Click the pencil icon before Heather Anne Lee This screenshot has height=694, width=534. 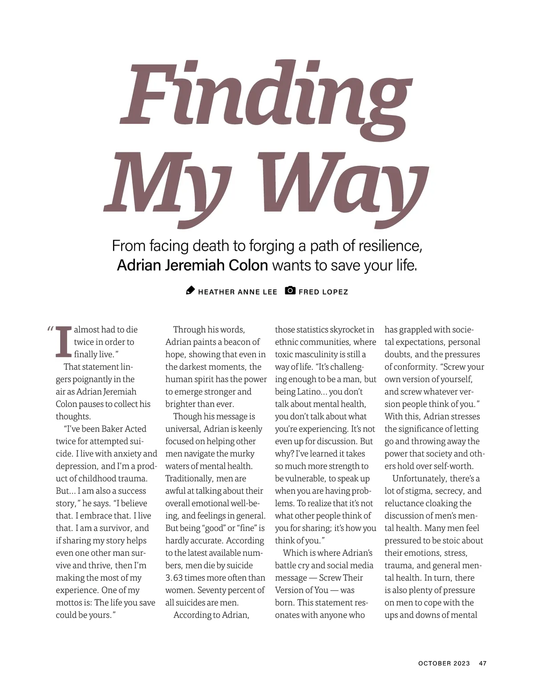tap(190, 291)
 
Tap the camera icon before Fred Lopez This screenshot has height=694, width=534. tap(290, 291)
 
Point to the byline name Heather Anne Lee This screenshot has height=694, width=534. tap(238, 292)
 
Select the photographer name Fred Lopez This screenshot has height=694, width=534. tap(324, 292)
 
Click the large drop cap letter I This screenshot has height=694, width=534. tap(63, 342)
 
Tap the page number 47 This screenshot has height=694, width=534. tap(483, 663)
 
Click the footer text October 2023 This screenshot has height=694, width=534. tap(444, 663)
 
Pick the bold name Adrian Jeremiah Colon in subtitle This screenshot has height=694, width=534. tap(192, 265)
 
